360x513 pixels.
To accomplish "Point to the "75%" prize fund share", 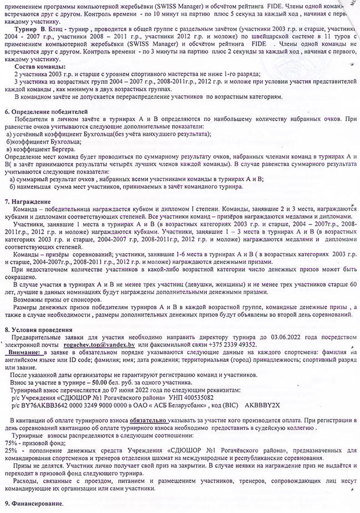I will coord(11,443).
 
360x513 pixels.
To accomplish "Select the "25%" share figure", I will coord(11,452).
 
